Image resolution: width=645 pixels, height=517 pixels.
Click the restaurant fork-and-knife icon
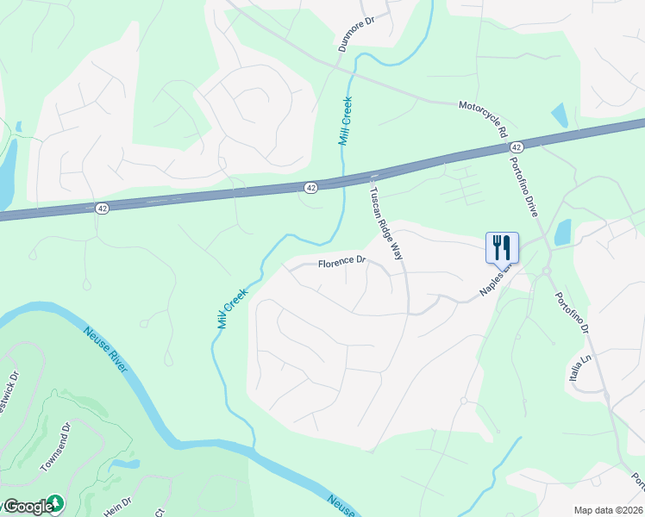coord(502,247)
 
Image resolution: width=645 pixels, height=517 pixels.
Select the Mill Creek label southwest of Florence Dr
coord(233,308)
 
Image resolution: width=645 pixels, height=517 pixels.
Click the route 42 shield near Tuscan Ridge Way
coord(311,187)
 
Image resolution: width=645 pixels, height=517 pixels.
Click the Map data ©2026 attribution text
coord(608,510)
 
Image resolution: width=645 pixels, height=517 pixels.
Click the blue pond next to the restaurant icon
coord(563,231)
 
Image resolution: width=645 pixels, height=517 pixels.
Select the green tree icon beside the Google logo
coord(56,503)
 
